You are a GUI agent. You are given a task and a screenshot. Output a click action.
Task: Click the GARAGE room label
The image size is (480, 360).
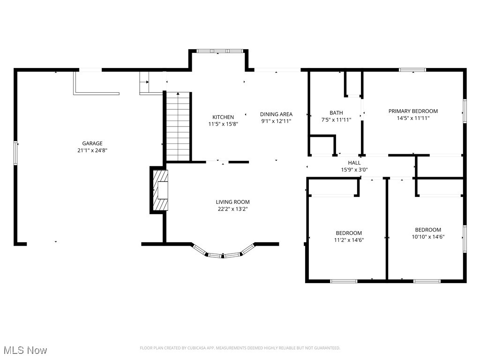click(x=92, y=143)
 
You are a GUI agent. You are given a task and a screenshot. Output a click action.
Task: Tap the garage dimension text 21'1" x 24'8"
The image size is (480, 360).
click(x=92, y=150)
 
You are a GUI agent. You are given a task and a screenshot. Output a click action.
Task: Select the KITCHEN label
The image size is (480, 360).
click(x=223, y=117)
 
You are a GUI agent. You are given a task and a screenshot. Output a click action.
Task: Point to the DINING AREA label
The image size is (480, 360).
click(x=276, y=114)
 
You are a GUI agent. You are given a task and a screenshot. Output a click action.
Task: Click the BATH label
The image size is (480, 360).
click(x=336, y=112)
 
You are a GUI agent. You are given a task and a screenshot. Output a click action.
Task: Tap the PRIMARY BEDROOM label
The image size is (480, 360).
click(x=413, y=111)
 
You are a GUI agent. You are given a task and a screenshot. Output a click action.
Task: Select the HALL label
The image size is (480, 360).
click(x=354, y=163)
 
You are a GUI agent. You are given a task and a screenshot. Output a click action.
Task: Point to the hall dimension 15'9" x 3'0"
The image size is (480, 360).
click(x=354, y=170)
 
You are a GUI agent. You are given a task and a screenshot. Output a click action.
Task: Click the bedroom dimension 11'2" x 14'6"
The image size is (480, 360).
click(x=349, y=240)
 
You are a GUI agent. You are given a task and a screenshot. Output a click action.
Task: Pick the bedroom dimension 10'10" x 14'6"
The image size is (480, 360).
click(x=428, y=237)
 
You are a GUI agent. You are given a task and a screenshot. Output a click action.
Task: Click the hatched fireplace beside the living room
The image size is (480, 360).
click(x=159, y=190)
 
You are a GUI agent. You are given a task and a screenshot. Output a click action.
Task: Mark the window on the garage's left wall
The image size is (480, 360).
click(x=16, y=153)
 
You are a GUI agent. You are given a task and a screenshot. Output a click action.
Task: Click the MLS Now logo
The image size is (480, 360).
click(x=25, y=350)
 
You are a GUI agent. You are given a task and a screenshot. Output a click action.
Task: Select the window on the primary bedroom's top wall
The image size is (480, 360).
click(x=412, y=70)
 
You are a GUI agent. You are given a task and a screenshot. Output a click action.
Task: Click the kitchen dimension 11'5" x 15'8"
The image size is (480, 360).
click(x=223, y=124)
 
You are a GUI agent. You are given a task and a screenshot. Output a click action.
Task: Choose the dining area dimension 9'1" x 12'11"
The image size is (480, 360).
click(x=276, y=121)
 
